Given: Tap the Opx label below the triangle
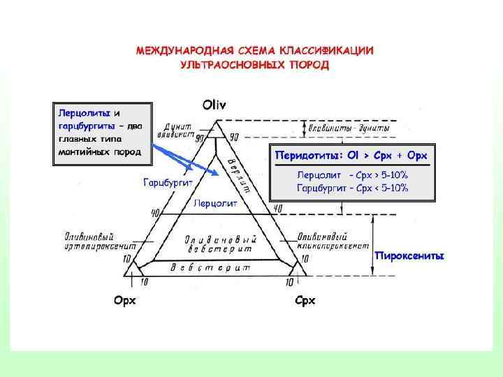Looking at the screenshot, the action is coord(124,301).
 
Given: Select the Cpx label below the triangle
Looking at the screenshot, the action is coord(305,301).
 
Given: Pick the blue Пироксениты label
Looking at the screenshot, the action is coord(409,255).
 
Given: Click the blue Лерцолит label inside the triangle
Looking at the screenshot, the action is coord(215,204).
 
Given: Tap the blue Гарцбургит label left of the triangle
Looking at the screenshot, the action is coord(168,183).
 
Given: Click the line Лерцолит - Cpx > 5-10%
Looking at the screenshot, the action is coord(353,175).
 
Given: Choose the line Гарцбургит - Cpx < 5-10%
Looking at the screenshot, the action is coord(353,188).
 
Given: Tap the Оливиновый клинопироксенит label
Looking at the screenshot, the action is coord(333,241).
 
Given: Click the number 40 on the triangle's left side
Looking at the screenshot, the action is coord(155,212).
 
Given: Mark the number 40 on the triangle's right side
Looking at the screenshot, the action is coord(277,209).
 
